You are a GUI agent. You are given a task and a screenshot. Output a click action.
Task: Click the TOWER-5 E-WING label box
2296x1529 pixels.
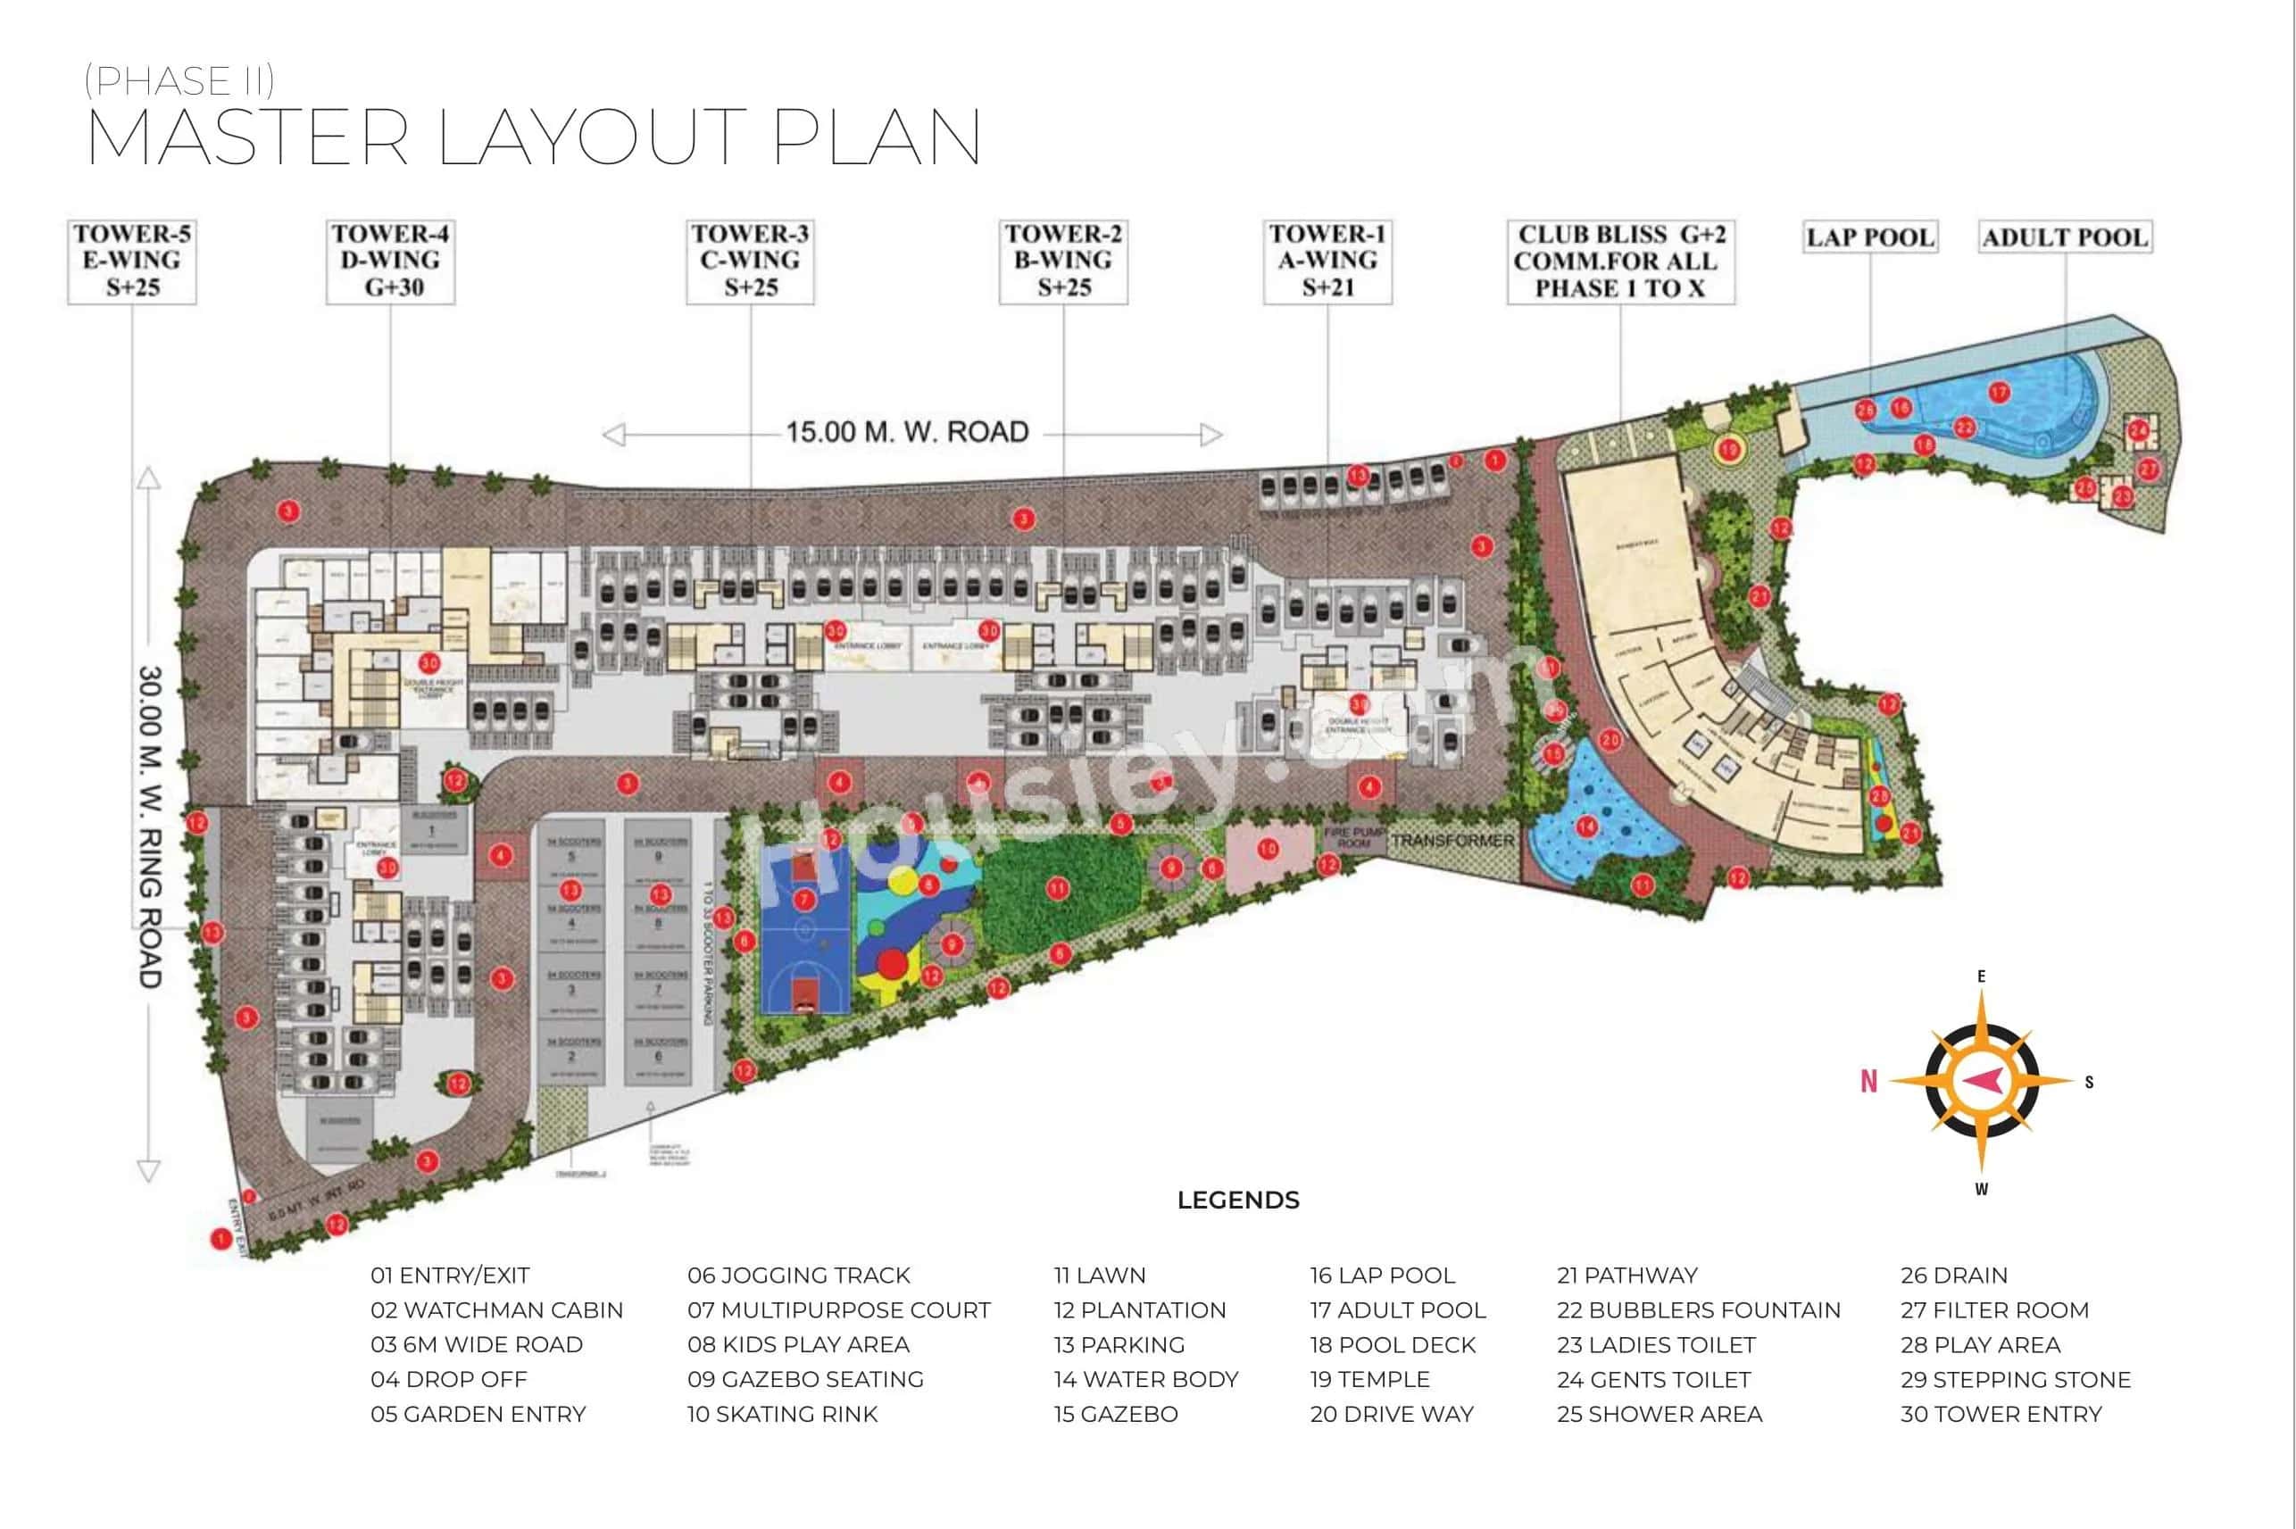click(131, 262)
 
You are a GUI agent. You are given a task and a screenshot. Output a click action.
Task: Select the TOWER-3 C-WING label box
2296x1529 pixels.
click(750, 262)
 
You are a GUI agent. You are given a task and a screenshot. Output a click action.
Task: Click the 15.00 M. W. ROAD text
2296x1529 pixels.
click(907, 432)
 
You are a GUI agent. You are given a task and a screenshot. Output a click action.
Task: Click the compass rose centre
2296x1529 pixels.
click(1981, 1080)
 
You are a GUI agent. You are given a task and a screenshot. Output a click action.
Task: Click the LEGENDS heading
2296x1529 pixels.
click(1237, 1201)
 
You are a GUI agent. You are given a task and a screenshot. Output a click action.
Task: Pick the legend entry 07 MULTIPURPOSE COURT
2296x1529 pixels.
click(838, 1310)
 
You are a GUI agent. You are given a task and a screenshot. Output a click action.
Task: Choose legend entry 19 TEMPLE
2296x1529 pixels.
click(1368, 1380)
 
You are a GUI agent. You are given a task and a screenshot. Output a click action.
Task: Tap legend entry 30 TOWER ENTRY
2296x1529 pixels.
click(2001, 1414)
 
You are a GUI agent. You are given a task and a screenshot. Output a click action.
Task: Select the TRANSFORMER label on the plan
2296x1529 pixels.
click(1452, 840)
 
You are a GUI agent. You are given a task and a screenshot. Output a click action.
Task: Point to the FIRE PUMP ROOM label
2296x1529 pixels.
click(1353, 837)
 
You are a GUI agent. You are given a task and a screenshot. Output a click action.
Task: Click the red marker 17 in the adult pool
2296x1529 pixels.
click(2000, 392)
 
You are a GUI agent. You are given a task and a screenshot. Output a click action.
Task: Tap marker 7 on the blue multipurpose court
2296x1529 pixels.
click(803, 899)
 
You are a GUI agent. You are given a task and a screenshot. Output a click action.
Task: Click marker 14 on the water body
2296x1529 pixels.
click(1587, 827)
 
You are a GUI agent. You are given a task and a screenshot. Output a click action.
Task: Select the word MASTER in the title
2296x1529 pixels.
click(247, 137)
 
